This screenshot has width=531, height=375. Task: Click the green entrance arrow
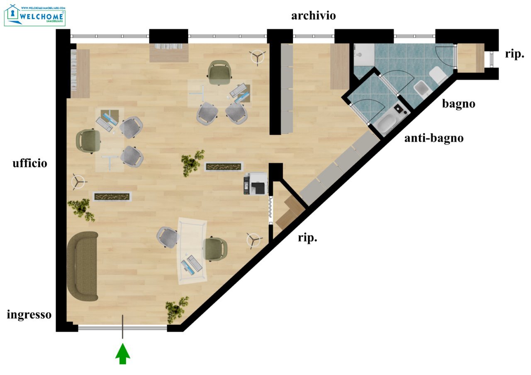pos(122,354)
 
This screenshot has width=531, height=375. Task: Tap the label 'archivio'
pos(313,16)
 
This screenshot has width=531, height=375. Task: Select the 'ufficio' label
pos(30,163)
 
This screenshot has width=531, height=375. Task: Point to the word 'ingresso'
pos(29,315)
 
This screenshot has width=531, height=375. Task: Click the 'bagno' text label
pos(459,104)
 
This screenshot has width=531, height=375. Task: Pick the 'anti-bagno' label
pos(434,138)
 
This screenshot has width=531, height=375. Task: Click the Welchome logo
pos(35,15)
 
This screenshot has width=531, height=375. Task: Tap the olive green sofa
pos(83,266)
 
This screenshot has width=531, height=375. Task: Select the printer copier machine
pos(256,184)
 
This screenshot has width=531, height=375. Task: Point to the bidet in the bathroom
pos(422,90)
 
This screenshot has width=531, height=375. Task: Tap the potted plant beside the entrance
pos(177,309)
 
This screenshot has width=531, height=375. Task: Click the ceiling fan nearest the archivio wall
pos(257,57)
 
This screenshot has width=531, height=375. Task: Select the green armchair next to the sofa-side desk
pos(214,249)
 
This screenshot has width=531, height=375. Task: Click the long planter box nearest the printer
pos(224,167)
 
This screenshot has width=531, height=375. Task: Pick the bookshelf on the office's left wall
pos(80,74)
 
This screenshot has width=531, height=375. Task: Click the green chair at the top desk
pos(220,72)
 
